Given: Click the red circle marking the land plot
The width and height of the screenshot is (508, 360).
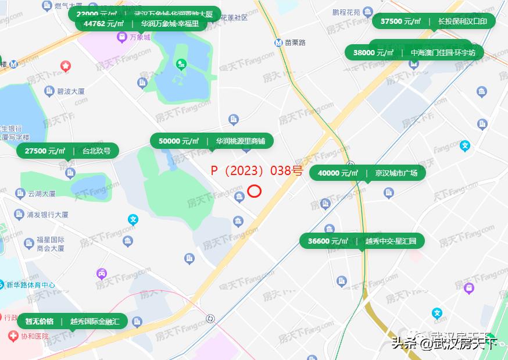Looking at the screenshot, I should [254, 191].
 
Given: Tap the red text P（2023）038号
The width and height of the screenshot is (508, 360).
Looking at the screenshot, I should [256, 171].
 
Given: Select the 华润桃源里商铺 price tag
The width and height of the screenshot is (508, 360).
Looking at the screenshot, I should [212, 141].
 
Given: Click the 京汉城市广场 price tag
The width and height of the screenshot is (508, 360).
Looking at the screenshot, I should [367, 173].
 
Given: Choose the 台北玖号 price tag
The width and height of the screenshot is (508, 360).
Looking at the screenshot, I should [68, 151].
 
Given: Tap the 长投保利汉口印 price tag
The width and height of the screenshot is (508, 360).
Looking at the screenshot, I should [434, 22].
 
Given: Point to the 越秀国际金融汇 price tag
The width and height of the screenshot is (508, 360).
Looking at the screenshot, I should [72, 321].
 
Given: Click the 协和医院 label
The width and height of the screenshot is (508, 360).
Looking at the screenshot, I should [27, 336].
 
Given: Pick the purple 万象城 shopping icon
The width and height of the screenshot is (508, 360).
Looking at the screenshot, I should [122, 37].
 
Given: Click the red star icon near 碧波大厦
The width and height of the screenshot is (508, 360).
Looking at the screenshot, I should [66, 66].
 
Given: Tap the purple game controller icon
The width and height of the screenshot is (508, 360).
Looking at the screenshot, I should [101, 273].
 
